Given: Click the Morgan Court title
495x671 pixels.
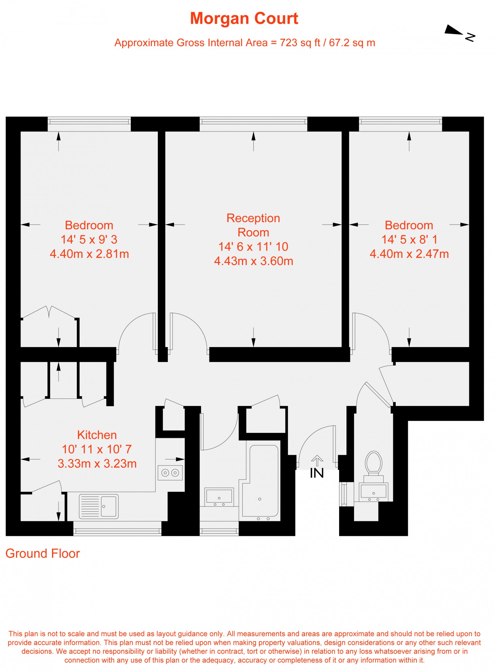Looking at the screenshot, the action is [244, 18].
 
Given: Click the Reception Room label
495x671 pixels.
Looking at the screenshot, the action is [253, 225].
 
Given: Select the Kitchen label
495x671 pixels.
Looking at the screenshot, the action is [97, 435].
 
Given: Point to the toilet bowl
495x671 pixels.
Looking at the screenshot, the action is [373, 462].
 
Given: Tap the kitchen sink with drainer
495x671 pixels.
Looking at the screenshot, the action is [99, 506].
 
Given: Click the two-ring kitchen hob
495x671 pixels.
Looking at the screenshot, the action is [170, 473].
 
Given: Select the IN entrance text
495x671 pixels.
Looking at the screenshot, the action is [317, 473].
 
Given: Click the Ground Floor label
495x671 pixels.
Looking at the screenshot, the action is [43, 553].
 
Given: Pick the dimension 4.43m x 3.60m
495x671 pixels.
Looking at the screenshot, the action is [253, 261].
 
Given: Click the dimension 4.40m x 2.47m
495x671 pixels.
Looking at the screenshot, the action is [409, 254].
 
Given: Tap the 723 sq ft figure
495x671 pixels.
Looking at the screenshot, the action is [300, 43].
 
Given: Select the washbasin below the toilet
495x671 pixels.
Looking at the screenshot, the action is [373, 492].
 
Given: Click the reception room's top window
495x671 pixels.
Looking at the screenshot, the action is [253, 124].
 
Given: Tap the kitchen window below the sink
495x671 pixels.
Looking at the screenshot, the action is [117, 528].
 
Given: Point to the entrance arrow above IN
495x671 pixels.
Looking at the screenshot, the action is [317, 460].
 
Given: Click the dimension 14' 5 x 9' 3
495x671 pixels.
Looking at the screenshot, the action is [89, 240].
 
